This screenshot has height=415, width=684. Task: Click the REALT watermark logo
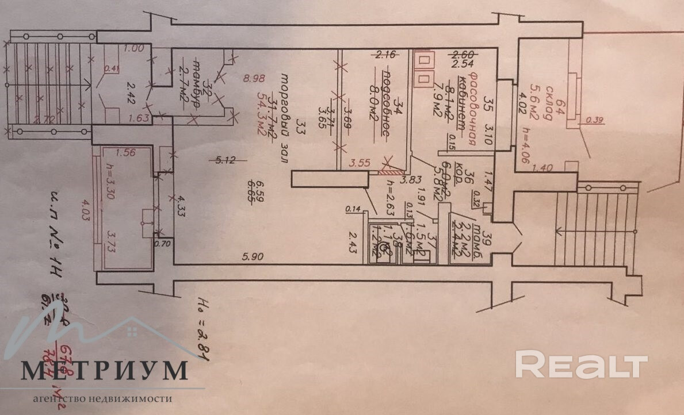pos(581,364)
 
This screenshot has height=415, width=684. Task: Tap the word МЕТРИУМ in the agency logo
pos(105,371)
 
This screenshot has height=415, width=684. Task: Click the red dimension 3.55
pos(361,163)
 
